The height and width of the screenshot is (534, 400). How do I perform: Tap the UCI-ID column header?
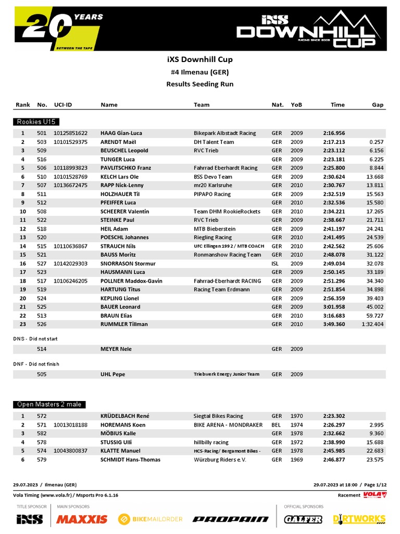pyautogui.click(x=63, y=105)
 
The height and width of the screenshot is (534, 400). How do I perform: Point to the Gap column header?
pyautogui.click(x=378, y=105)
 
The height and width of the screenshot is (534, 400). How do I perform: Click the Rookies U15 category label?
pyautogui.click(x=36, y=122)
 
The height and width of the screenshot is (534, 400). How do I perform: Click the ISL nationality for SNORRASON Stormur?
pyautogui.click(x=276, y=264)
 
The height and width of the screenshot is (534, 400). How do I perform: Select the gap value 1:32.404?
pyautogui.click(x=372, y=324)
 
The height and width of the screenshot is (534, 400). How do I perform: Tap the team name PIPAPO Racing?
pyautogui.click(x=212, y=194)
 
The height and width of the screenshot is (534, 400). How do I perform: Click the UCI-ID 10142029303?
pyautogui.click(x=70, y=264)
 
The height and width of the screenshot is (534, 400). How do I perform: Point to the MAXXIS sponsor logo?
pyautogui.click(x=82, y=519)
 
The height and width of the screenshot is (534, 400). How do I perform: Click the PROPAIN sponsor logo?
pyautogui.click(x=231, y=519)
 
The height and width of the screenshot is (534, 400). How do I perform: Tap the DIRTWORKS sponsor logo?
pyautogui.click(x=359, y=519)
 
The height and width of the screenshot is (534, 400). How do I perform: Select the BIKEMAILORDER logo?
pyautogui.click(x=151, y=519)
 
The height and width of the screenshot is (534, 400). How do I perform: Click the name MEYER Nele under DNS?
pyautogui.click(x=116, y=349)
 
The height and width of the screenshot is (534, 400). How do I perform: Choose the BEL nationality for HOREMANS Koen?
pyautogui.click(x=276, y=425)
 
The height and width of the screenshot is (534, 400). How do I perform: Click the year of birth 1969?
pyautogui.click(x=296, y=459)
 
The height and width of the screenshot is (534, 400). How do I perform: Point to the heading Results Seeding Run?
pyautogui.click(x=199, y=84)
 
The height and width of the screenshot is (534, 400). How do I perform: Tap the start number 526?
pyautogui.click(x=42, y=324)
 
